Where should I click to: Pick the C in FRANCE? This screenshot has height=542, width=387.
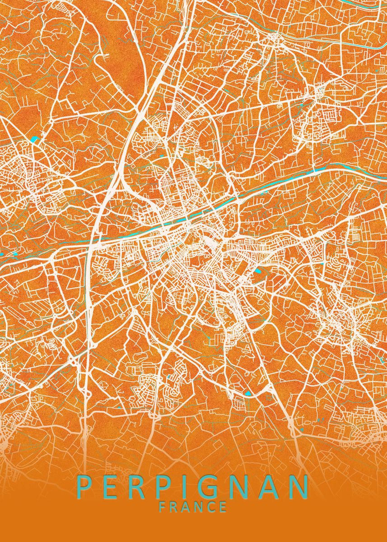(x=211, y=507)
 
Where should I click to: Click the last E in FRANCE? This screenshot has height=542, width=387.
(x=223, y=507)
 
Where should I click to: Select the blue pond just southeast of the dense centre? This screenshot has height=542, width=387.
(x=259, y=271)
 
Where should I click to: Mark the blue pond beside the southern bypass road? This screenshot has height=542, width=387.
(x=248, y=392)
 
